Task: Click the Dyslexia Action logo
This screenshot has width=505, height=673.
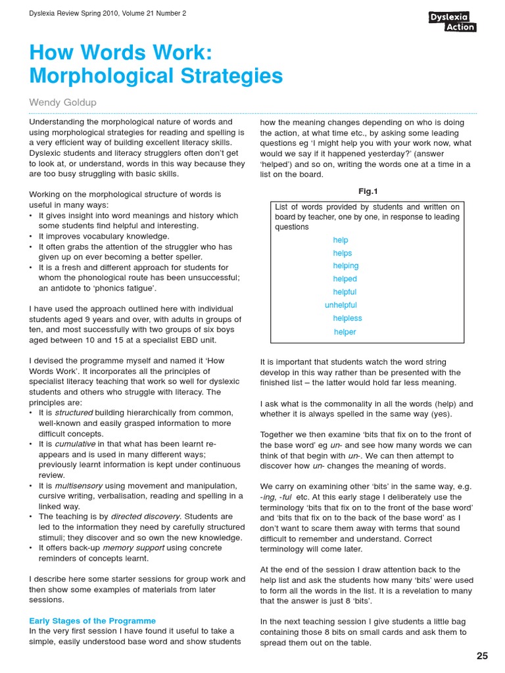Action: tap(452, 22)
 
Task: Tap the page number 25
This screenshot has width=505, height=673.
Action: tap(482, 656)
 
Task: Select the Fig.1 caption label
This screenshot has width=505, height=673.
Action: tap(368, 191)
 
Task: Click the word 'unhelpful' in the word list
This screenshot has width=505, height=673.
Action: tap(341, 305)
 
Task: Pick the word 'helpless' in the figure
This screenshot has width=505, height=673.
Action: tap(347, 318)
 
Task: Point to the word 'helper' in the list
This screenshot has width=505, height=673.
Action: tap(345, 332)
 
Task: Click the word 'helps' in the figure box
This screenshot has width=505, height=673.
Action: tap(342, 253)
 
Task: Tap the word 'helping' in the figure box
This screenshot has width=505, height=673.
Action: tap(345, 266)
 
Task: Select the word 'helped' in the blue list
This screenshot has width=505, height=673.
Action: tap(345, 279)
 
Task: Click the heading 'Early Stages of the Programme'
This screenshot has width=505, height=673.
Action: tap(92, 620)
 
